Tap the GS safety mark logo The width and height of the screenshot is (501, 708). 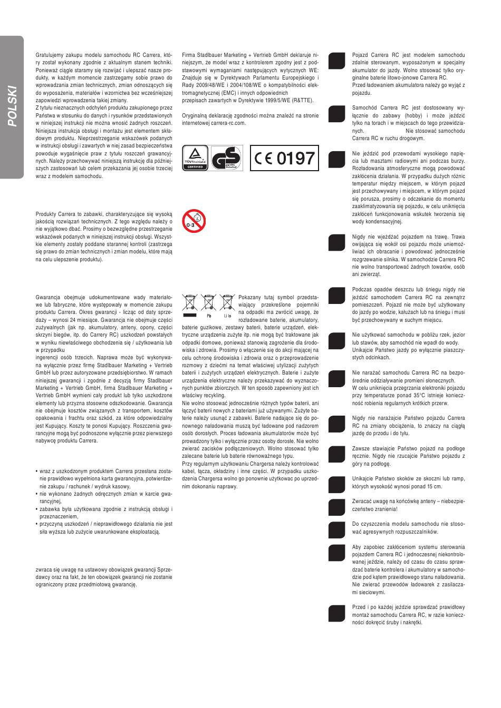pyautogui.click(x=226, y=158)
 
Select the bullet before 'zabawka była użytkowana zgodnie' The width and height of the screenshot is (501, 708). pyautogui.click(x=36, y=509)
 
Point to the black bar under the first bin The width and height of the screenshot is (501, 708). pyautogui.click(x=190, y=315)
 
